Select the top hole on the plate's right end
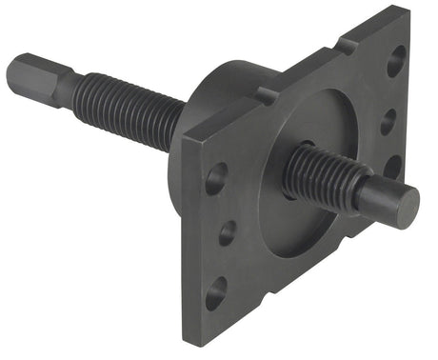click(395, 65)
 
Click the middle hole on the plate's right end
click(388, 122)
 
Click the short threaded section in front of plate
click(319, 176)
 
